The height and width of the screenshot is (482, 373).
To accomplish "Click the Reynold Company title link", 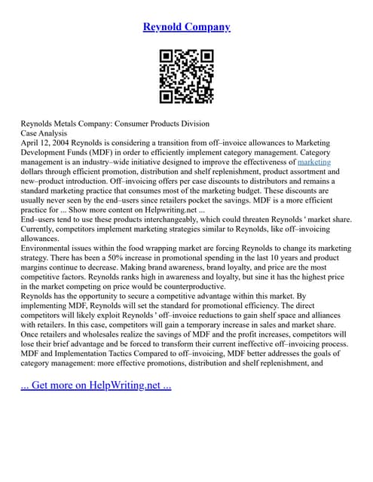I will [186, 27].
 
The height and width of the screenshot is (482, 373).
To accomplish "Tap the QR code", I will [186, 76].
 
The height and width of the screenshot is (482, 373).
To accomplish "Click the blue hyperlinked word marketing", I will [314, 162].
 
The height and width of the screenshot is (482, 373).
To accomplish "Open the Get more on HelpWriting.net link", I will [96, 386].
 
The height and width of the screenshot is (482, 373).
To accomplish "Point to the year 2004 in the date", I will [63, 142].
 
